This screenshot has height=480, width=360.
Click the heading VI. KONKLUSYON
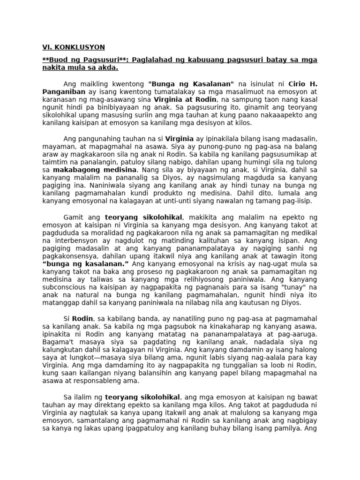(73, 47)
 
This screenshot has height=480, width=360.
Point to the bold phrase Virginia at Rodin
(185, 100)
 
